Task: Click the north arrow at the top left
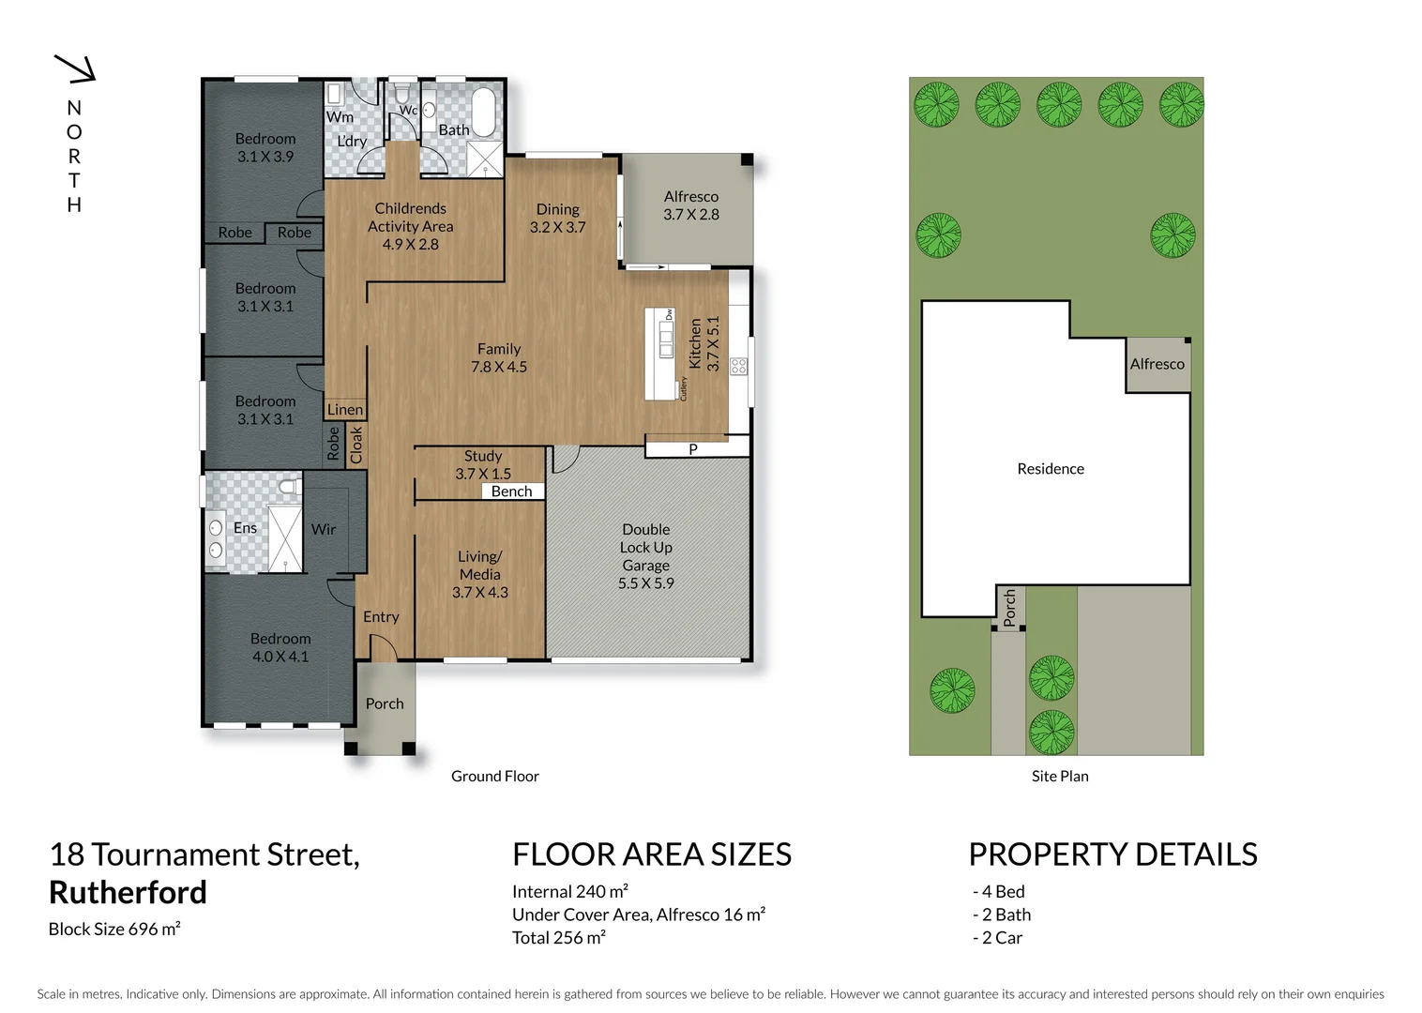click(76, 68)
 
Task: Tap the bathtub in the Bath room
click(484, 113)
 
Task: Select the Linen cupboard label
click(344, 409)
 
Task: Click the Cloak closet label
click(356, 445)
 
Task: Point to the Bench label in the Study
click(511, 491)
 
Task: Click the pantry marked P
click(693, 449)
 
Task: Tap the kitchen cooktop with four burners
click(738, 366)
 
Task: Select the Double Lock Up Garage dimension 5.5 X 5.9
click(645, 583)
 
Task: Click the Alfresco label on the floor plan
click(690, 196)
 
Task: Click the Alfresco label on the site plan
click(1157, 364)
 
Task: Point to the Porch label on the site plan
click(1009, 608)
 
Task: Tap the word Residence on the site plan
click(1050, 469)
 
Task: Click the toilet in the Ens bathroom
click(289, 487)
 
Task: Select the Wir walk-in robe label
click(324, 529)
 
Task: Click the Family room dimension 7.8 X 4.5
click(498, 367)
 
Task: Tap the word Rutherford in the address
click(128, 892)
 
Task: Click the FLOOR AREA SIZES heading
click(651, 854)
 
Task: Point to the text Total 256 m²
click(558, 937)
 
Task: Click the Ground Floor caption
click(494, 776)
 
